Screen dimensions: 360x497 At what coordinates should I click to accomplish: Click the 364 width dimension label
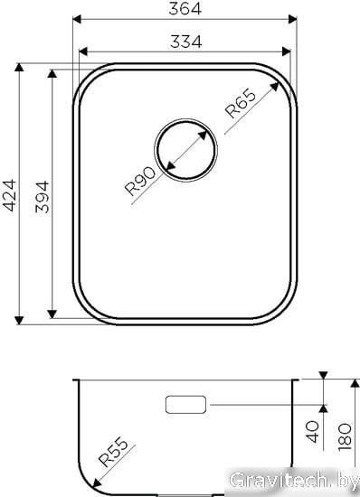coord(185,8)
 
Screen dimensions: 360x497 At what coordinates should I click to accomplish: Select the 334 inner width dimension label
coord(185,42)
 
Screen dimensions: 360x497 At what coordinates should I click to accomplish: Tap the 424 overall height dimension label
coord(9,195)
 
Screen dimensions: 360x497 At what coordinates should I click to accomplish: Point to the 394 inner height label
coord(43,197)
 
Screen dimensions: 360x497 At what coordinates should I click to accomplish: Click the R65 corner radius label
coord(240,103)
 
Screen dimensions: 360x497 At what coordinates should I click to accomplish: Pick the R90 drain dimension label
coord(140,182)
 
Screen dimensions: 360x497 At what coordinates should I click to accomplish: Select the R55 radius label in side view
coord(113,452)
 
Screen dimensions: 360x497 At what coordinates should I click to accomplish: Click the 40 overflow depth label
coord(312,431)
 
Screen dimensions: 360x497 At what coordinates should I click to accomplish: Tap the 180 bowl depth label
coord(345,437)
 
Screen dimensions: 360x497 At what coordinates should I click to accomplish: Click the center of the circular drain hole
coord(185,150)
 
